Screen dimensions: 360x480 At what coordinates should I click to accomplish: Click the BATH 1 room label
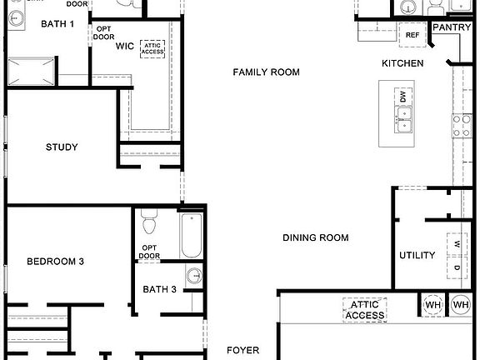click(x=57, y=23)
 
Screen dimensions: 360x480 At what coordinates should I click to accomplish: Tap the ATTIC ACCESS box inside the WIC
click(x=152, y=50)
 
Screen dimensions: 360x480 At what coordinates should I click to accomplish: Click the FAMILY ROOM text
click(x=266, y=72)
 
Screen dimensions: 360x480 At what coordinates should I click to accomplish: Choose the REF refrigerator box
click(x=412, y=35)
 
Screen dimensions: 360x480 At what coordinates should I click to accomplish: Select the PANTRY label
click(x=452, y=27)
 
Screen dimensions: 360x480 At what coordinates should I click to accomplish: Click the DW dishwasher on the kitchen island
click(x=403, y=97)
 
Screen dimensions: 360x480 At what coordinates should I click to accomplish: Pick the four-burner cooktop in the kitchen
click(x=462, y=126)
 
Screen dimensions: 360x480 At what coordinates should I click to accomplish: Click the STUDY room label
click(x=62, y=147)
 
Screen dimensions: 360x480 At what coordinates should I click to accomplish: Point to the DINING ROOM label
click(x=315, y=238)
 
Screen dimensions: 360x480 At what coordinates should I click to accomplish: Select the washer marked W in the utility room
click(x=457, y=244)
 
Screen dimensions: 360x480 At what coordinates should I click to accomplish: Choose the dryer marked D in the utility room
click(x=457, y=268)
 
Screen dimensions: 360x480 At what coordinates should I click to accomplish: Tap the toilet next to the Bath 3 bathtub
click(x=149, y=224)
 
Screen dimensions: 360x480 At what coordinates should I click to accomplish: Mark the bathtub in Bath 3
click(x=191, y=236)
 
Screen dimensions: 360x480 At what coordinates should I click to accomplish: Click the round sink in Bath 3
click(x=193, y=277)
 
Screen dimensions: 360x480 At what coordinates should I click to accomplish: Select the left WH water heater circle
click(x=433, y=305)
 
